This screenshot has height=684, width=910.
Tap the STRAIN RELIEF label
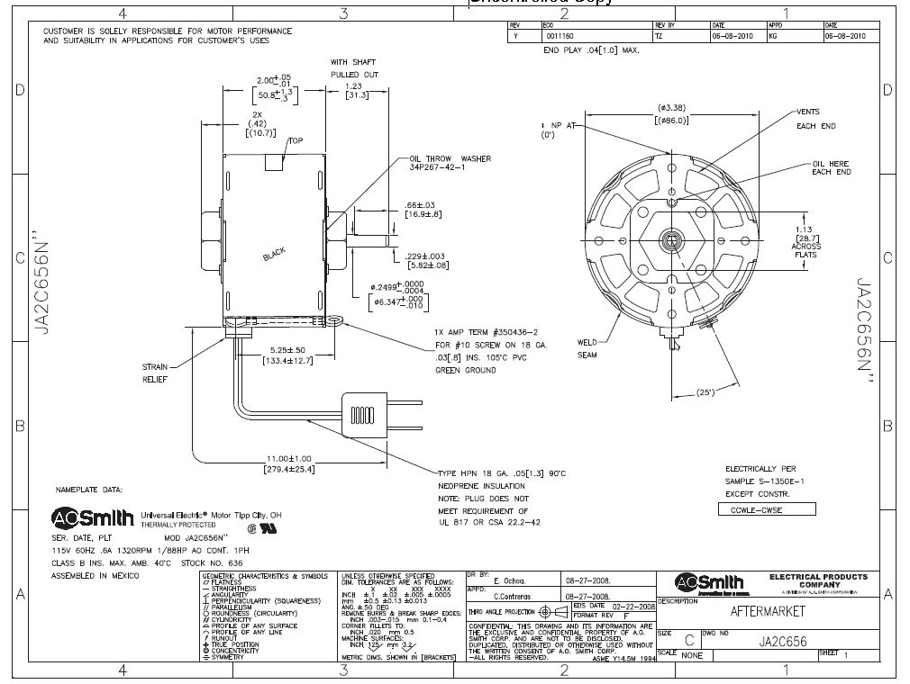pos(155,373)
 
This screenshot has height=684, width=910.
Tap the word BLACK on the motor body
pos(275,255)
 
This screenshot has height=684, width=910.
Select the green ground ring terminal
pos(339,318)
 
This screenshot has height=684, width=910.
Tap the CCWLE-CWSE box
pos(766,509)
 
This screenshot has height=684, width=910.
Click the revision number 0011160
pos(557,37)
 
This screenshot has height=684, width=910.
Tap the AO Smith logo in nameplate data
pos(93,518)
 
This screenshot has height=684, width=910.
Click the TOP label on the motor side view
pos(296,140)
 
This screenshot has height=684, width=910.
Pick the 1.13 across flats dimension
pos(804,229)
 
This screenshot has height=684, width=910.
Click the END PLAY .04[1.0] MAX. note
pos(590,50)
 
